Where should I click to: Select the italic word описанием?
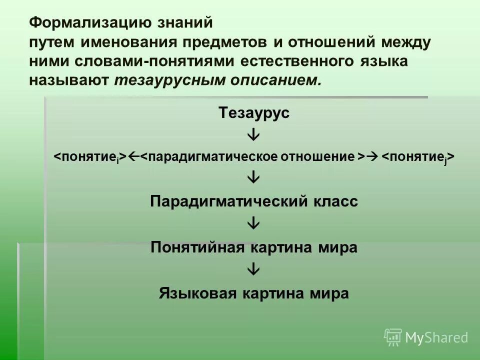point(272,81)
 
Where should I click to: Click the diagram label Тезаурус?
point(254,113)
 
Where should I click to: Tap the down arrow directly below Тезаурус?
point(254,135)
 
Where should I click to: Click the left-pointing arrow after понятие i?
point(133,156)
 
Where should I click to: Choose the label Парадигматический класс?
point(254,202)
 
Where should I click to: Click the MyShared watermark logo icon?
point(393,336)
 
